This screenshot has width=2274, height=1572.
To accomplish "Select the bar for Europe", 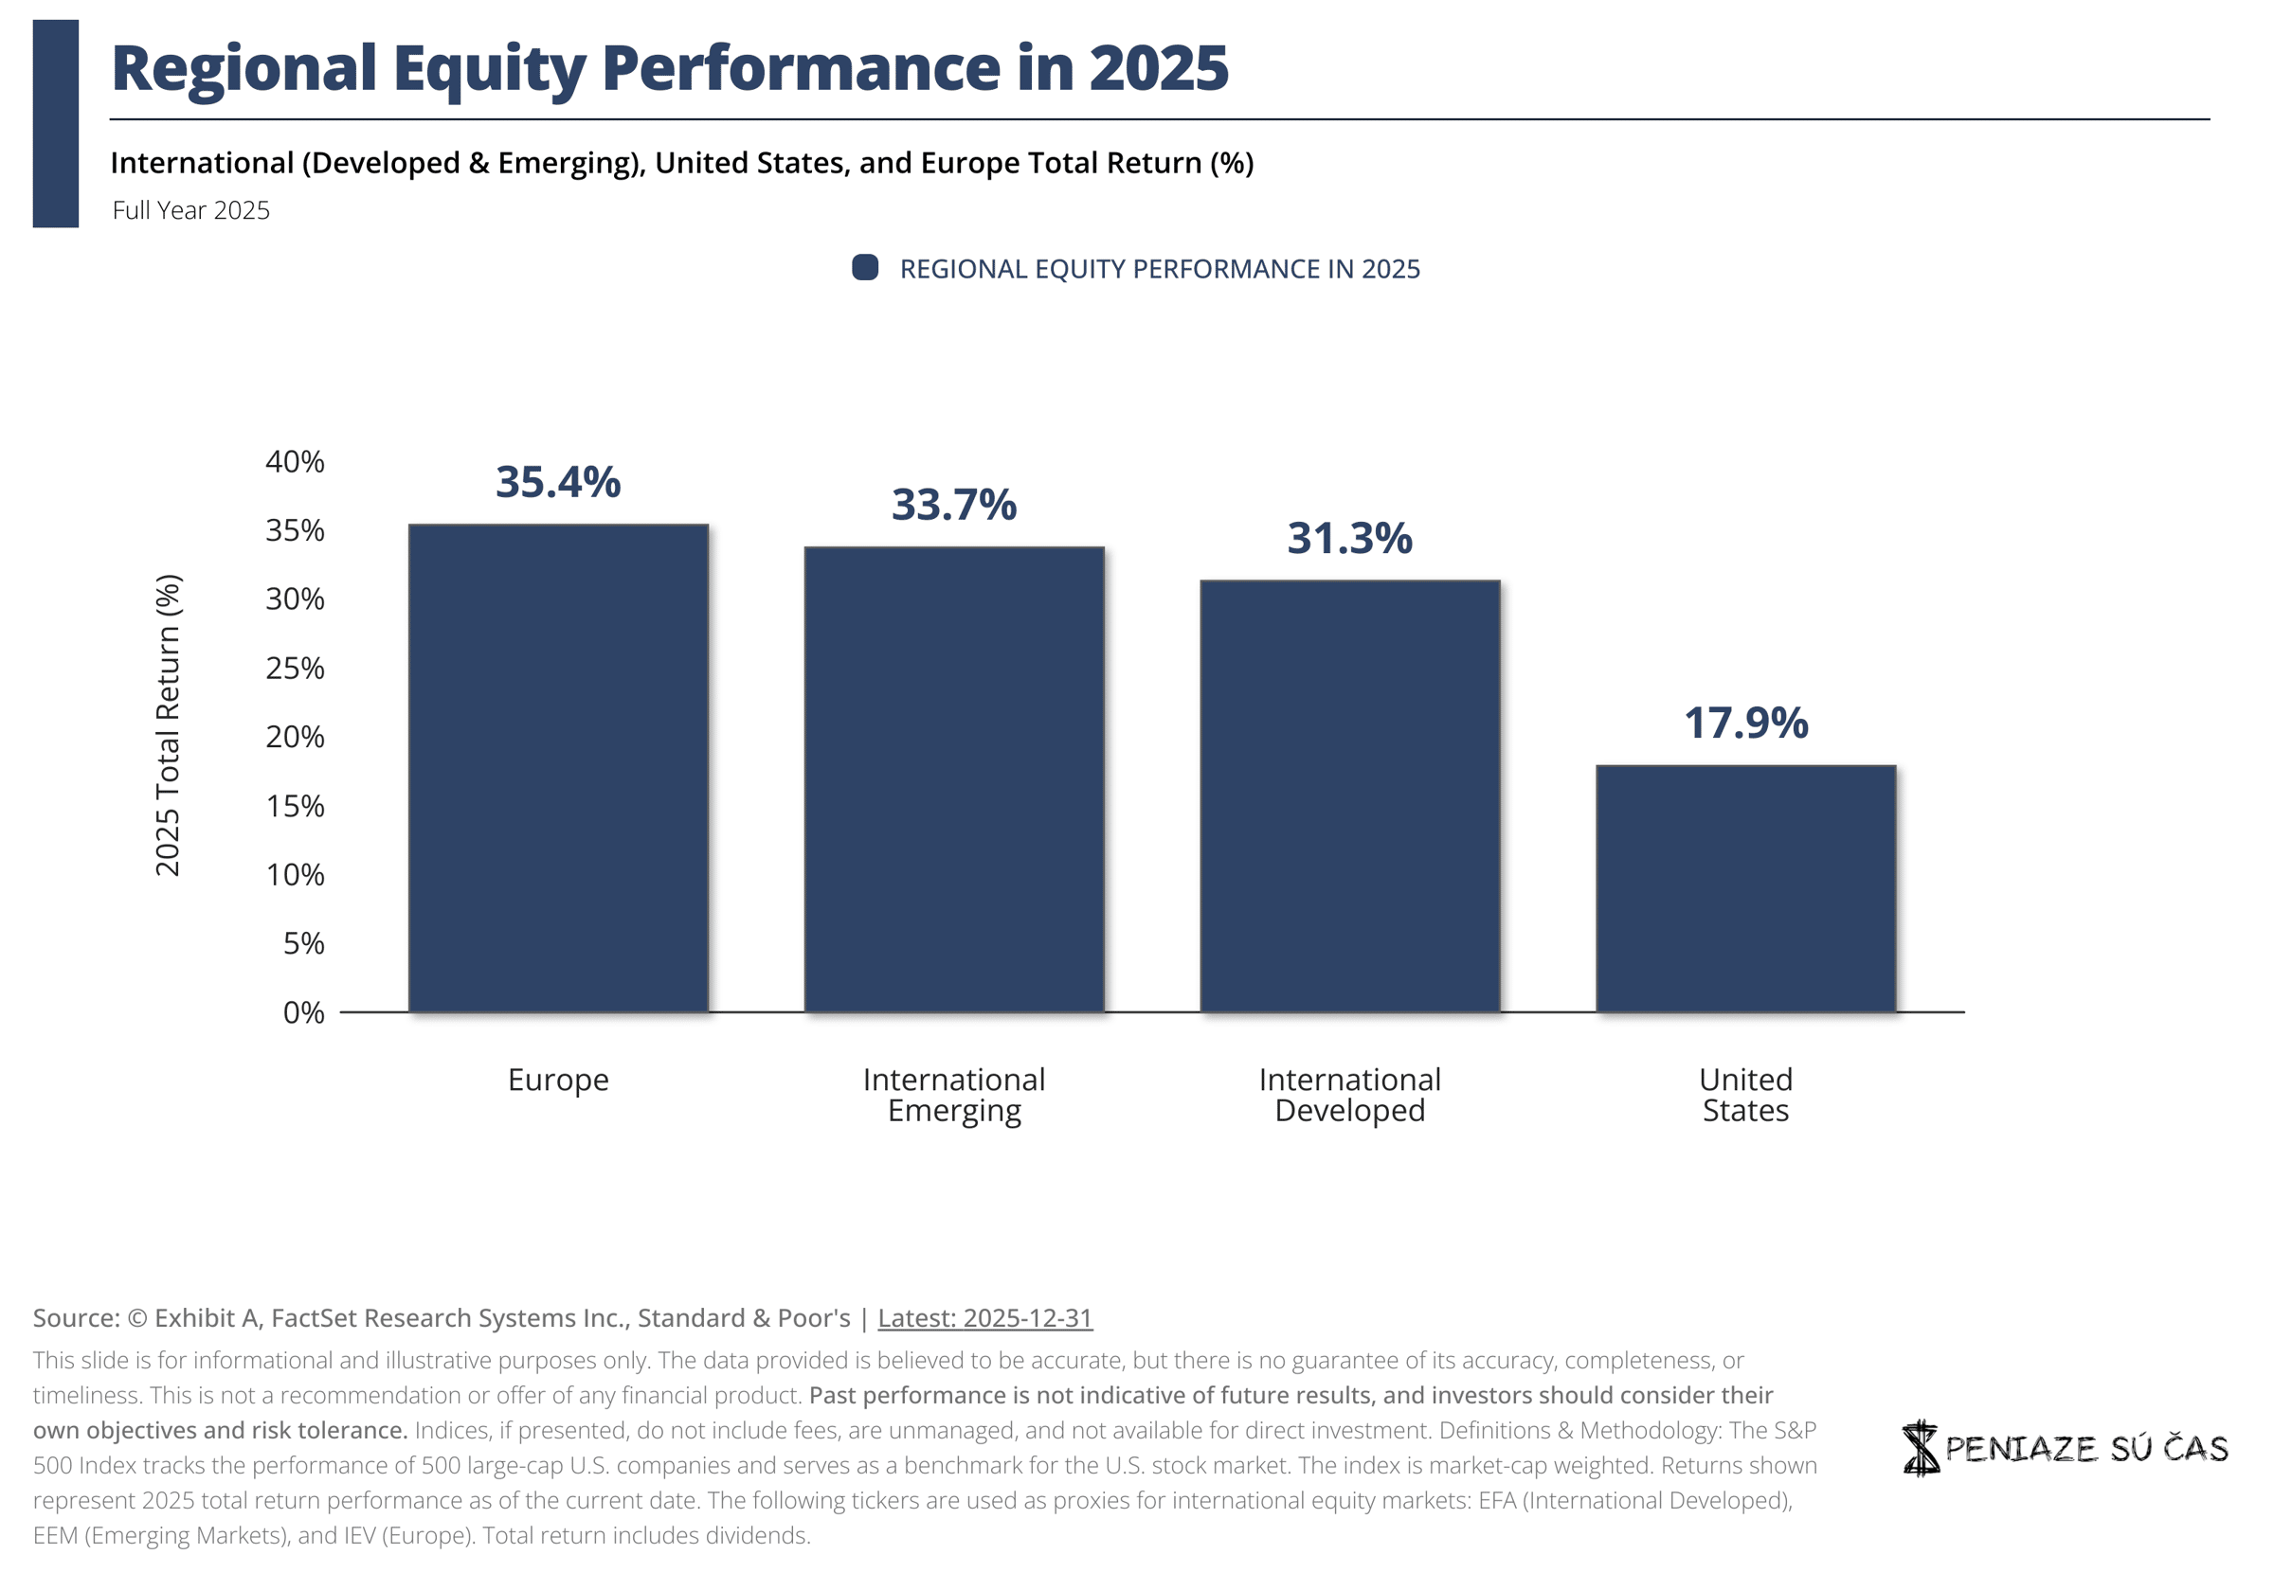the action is pos(559,768).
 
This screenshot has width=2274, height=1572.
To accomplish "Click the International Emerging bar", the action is pos(954,780).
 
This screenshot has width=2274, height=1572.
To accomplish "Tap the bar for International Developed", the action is pos(1350,796).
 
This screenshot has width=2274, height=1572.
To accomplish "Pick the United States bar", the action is pos(1746,889).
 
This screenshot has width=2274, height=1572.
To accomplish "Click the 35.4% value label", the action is pos(559,483).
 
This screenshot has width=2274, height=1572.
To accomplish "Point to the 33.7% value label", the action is pos(954,506).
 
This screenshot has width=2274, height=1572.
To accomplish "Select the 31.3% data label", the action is pos(1350,539).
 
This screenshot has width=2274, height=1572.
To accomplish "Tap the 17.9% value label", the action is pos(1746,723).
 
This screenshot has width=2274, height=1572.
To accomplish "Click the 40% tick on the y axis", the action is pos(295,462).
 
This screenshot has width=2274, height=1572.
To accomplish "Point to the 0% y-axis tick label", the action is pos(303,1012).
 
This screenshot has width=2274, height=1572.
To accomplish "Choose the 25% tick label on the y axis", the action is pos(295,669).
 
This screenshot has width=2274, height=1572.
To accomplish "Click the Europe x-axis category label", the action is pos(559,1081).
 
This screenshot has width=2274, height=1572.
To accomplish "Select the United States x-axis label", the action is pos(1746,1096).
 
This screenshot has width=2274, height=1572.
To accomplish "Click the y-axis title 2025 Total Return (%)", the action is pos(168,725).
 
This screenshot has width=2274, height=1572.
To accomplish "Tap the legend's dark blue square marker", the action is pos(865,268).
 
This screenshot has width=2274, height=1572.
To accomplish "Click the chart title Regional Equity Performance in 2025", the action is pos(670,68).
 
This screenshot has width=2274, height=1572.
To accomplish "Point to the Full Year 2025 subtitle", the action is pos(191,211).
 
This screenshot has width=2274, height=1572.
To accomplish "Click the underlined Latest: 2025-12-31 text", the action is pos(985,1319).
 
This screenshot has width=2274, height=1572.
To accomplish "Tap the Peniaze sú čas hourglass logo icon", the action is pos(1921,1448).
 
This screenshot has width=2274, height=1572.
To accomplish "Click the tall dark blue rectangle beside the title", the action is pos(56,124).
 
